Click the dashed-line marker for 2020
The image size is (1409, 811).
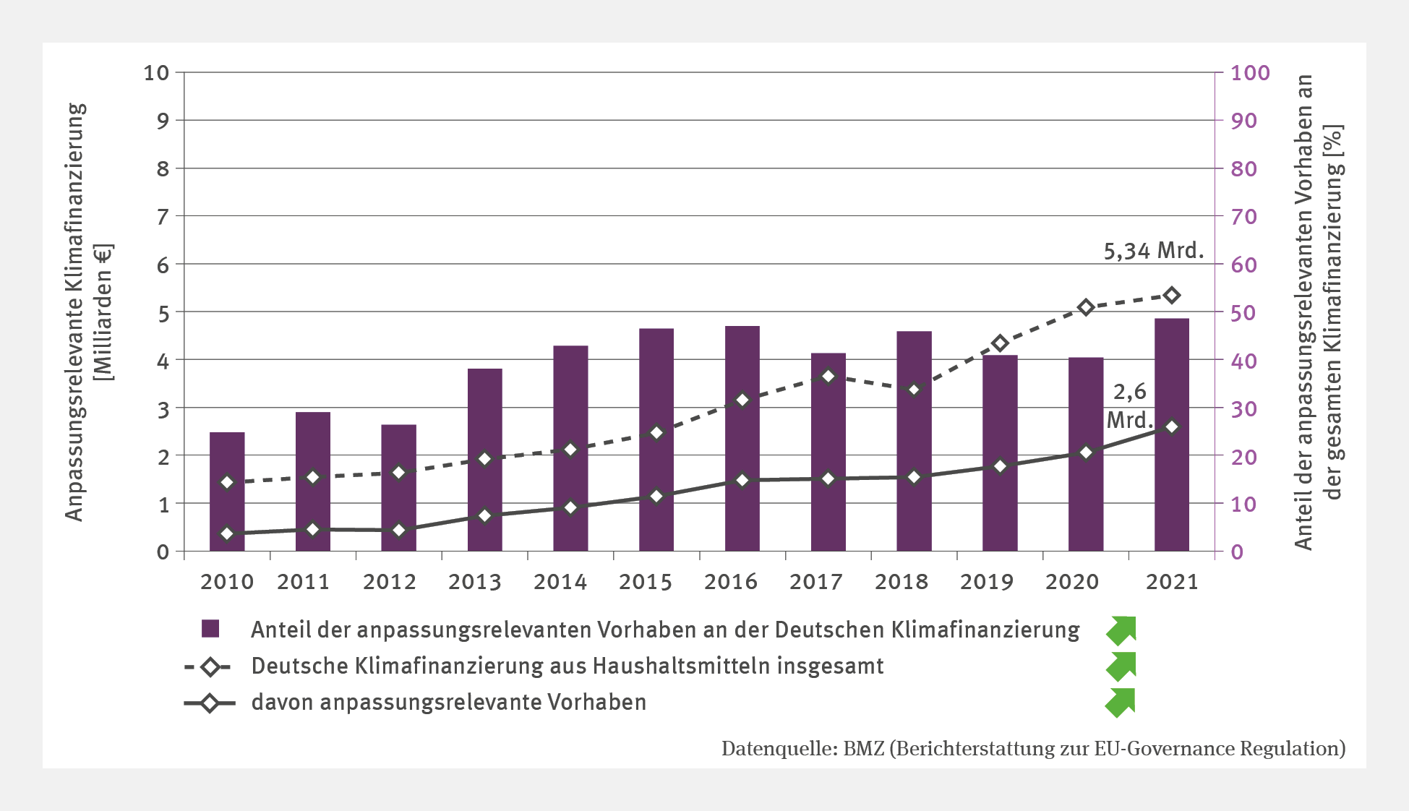[1085, 308]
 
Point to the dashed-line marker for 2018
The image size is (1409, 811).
[914, 390]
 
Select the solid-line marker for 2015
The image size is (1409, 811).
[656, 497]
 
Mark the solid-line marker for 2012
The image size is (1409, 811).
[398, 531]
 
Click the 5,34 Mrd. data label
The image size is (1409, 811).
[1153, 251]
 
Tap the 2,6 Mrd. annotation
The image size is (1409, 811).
[1129, 406]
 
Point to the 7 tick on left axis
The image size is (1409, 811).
[163, 217]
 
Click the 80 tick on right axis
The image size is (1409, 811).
[1244, 169]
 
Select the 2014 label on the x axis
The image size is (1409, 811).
[560, 582]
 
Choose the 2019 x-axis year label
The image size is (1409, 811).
[987, 582]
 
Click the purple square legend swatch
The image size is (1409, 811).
[210, 629]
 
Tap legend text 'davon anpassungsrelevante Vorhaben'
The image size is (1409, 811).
[448, 703]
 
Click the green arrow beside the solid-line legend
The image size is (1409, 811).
[1121, 703]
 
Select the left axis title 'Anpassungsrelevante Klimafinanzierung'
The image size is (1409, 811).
[75, 311]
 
